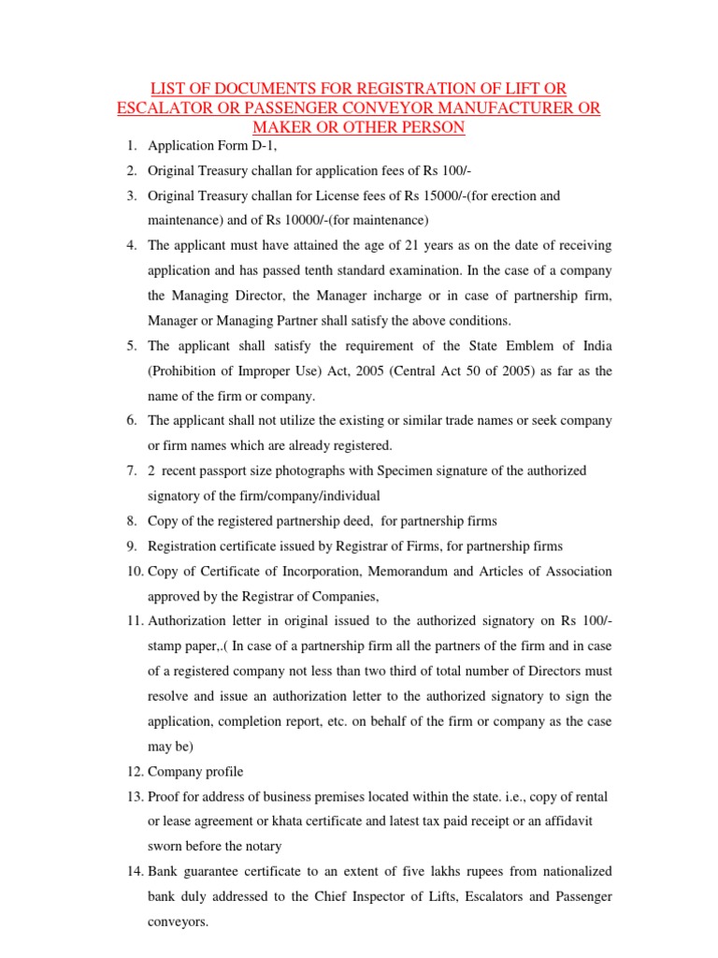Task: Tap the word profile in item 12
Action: point(222,772)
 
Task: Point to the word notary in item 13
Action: point(263,846)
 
